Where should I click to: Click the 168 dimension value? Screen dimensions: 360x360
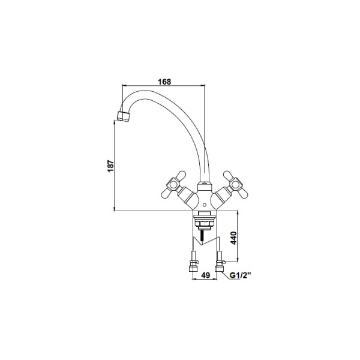(x=164, y=82)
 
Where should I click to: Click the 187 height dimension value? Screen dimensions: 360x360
(x=110, y=166)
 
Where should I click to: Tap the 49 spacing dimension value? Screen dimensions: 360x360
(x=206, y=275)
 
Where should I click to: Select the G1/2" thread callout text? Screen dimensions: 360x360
(x=241, y=275)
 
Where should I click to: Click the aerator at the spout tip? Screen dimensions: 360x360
(x=124, y=116)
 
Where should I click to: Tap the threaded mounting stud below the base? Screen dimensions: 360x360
(x=202, y=236)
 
